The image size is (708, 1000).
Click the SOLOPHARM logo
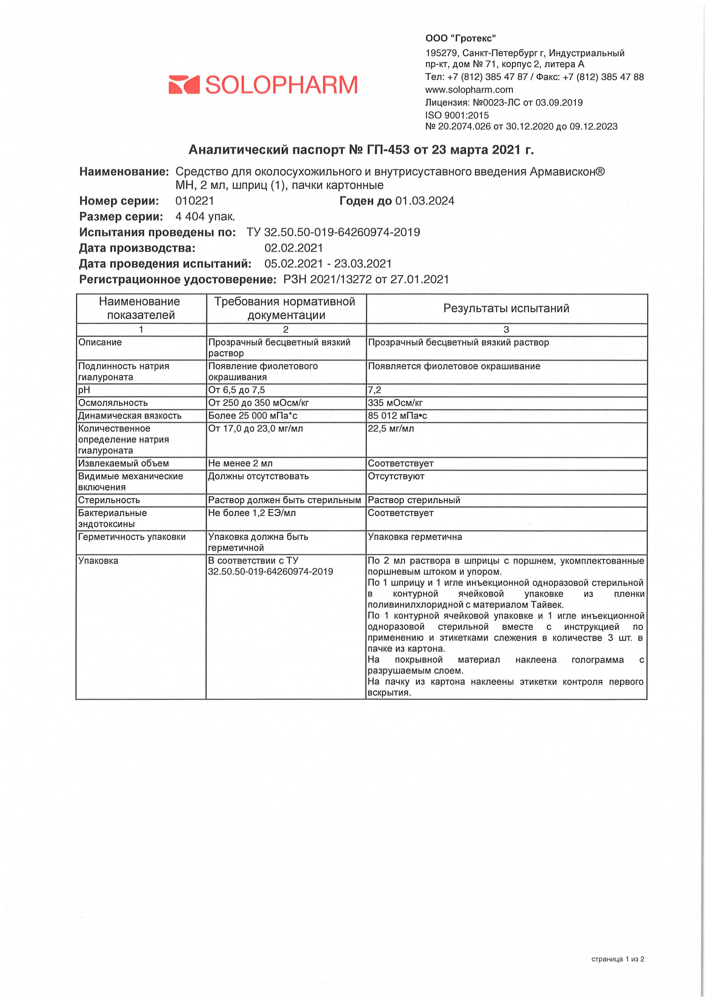(263, 85)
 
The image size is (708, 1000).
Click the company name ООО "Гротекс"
(460, 38)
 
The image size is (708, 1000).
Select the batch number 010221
(194, 201)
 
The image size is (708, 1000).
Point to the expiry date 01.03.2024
(425, 201)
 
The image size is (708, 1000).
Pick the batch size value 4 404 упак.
(205, 217)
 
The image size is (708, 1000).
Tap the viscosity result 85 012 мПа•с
(397, 416)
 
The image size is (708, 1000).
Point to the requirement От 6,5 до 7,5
(236, 390)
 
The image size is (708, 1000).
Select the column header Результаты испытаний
(506, 308)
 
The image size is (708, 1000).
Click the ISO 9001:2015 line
(457, 115)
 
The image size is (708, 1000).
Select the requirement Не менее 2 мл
(240, 463)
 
